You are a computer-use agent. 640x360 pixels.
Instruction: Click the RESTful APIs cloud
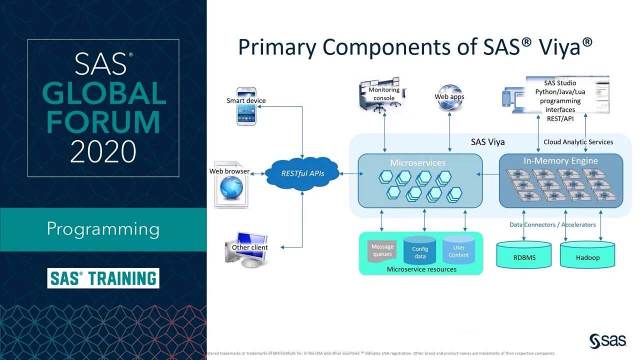click(x=302, y=174)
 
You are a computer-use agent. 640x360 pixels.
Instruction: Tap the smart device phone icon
click(x=246, y=112)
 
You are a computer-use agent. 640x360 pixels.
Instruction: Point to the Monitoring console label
click(x=384, y=94)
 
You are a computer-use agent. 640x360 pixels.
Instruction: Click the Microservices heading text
click(x=417, y=163)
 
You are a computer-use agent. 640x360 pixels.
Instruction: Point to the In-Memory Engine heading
click(x=560, y=161)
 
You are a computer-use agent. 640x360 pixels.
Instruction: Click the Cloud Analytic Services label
click(x=578, y=142)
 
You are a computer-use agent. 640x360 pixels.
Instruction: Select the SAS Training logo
click(x=103, y=278)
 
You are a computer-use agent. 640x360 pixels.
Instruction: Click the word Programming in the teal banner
click(x=103, y=229)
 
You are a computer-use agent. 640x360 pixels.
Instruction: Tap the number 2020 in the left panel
click(x=103, y=151)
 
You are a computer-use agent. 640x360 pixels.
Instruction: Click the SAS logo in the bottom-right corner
click(x=607, y=341)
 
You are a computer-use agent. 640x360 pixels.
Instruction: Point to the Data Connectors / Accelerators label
click(x=552, y=225)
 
